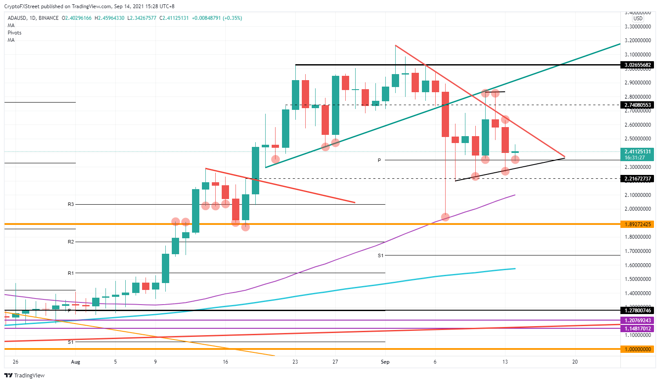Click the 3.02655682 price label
click(x=637, y=65)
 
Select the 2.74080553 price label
click(x=637, y=105)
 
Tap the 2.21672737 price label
click(x=637, y=179)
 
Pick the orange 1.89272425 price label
click(x=637, y=224)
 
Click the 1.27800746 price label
click(x=637, y=311)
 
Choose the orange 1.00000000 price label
click(x=637, y=349)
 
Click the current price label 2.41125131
click(x=637, y=152)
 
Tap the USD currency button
click(x=638, y=19)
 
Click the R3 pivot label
click(x=71, y=204)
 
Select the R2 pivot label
click(x=71, y=242)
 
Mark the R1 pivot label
click(x=71, y=273)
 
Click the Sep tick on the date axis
click(x=385, y=362)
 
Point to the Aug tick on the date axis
click(x=75, y=362)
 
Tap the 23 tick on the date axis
click(x=295, y=362)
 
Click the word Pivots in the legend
click(x=15, y=33)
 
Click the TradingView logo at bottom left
click(x=25, y=375)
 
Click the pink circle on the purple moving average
click(x=445, y=217)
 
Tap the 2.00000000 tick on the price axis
click(x=637, y=209)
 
